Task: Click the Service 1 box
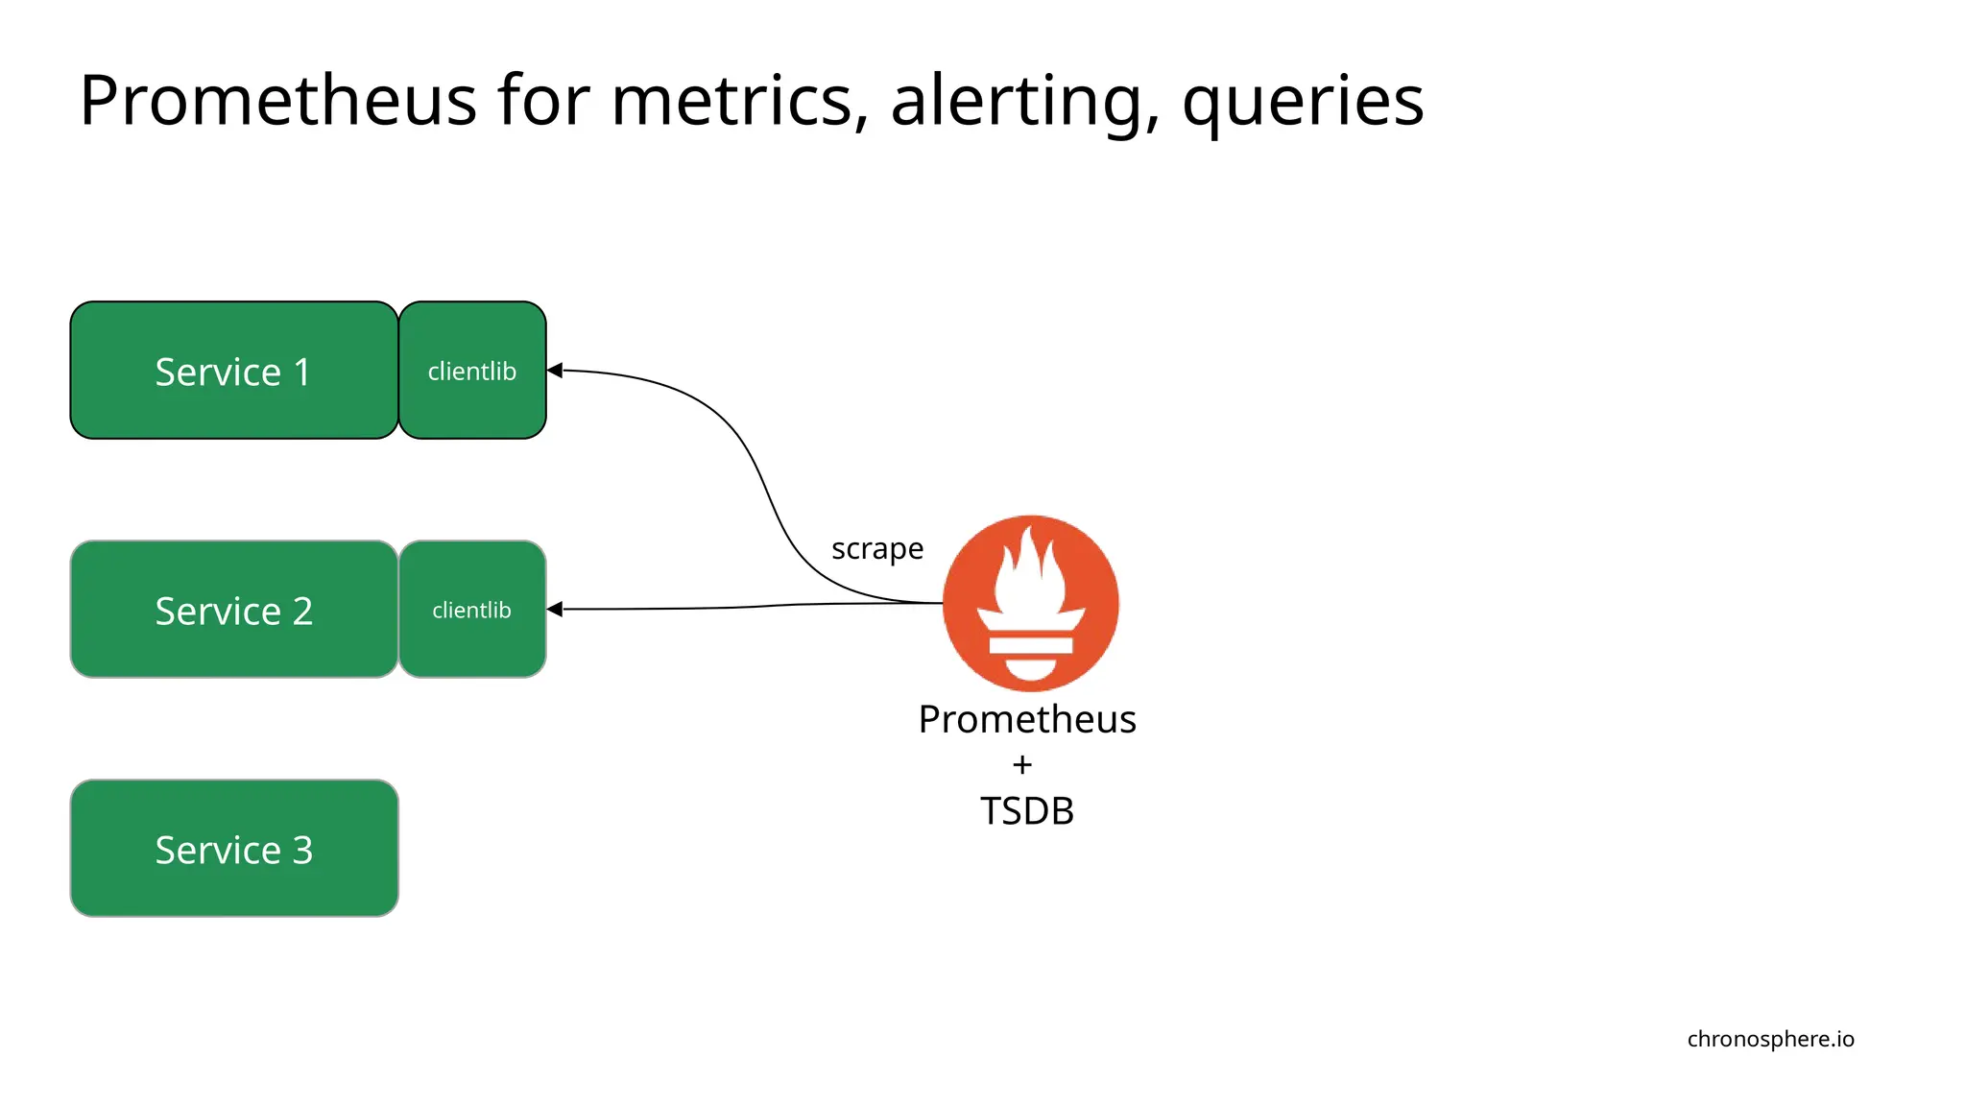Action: point(233,371)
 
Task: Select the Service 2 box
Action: point(233,610)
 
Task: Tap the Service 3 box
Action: point(233,849)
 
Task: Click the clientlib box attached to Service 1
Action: point(472,371)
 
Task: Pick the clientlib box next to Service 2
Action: point(472,610)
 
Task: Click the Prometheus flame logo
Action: point(1030,603)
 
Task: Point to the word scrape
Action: point(876,548)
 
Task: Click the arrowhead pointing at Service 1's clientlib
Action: point(555,370)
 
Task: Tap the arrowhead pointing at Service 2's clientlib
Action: point(555,609)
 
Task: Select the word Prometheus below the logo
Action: point(1026,719)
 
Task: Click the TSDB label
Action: point(1026,811)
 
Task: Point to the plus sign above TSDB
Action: point(1022,765)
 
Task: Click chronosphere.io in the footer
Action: point(1770,1039)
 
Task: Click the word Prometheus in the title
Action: point(277,100)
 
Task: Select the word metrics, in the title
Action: point(739,100)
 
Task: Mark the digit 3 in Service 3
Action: point(302,850)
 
